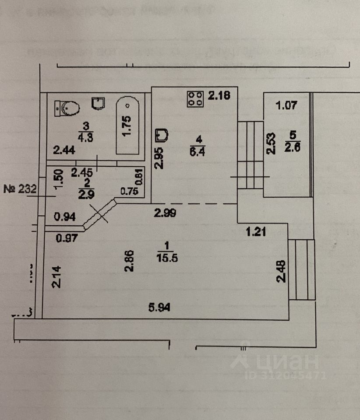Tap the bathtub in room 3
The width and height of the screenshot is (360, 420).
coord(127,126)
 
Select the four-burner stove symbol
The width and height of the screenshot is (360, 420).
coord(195,98)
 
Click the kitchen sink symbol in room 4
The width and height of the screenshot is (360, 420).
coord(162,135)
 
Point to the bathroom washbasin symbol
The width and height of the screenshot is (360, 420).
coord(99,103)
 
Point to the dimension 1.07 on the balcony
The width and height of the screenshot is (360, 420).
coord(287,105)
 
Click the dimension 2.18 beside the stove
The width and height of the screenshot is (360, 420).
coord(219,95)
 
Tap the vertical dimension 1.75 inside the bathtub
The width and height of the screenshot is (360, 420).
coord(127,126)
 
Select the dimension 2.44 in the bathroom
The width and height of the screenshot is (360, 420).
coord(64,151)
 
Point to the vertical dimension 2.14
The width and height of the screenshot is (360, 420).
coord(56,277)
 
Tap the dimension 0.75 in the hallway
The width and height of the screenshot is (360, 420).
coord(129,191)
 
